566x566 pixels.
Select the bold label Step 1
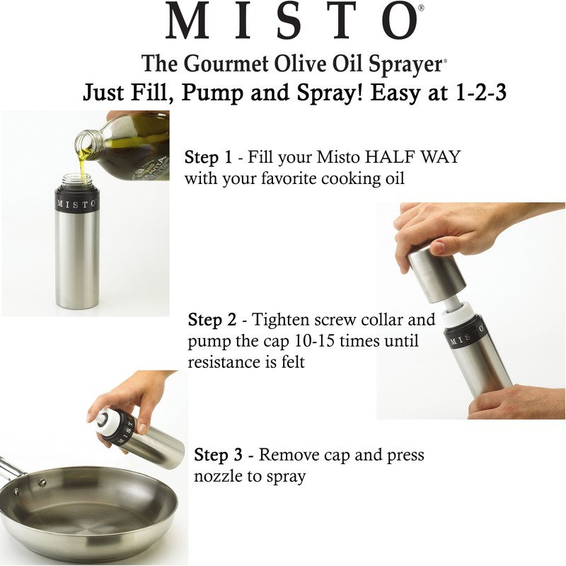pyautogui.click(x=209, y=157)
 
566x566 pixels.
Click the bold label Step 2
pyautogui.click(x=214, y=320)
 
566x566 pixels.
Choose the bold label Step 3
pyautogui.click(x=221, y=454)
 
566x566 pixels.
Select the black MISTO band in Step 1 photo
pyautogui.click(x=76, y=204)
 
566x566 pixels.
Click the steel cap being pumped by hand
pyautogui.click(x=435, y=276)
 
